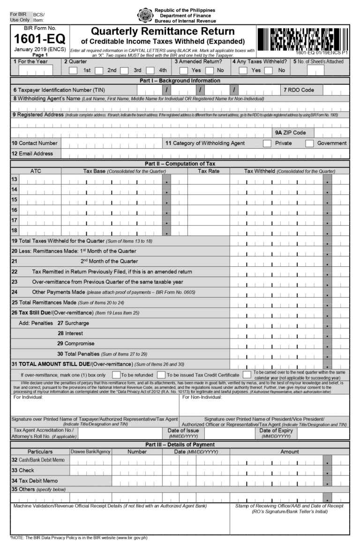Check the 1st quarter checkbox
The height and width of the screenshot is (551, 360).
[x=73, y=71]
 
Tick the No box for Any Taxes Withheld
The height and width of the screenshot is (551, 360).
[x=269, y=71]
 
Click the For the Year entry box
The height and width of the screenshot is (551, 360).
[x=36, y=71]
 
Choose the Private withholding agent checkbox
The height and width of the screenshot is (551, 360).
[x=267, y=143]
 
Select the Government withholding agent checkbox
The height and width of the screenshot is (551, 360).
[x=309, y=143]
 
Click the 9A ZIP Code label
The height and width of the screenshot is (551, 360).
[x=291, y=133]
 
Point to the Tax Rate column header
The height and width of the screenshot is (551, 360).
[x=209, y=171]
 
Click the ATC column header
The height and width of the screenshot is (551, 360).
[x=36, y=171]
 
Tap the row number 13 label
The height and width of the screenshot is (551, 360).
[x=14, y=180]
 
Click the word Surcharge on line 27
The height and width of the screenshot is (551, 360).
[x=77, y=323]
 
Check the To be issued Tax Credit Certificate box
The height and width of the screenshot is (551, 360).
[x=161, y=375]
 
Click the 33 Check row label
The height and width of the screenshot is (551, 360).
[x=23, y=470]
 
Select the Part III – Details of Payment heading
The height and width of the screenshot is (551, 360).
[x=180, y=445]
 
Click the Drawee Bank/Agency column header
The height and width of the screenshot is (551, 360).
[x=90, y=452]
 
